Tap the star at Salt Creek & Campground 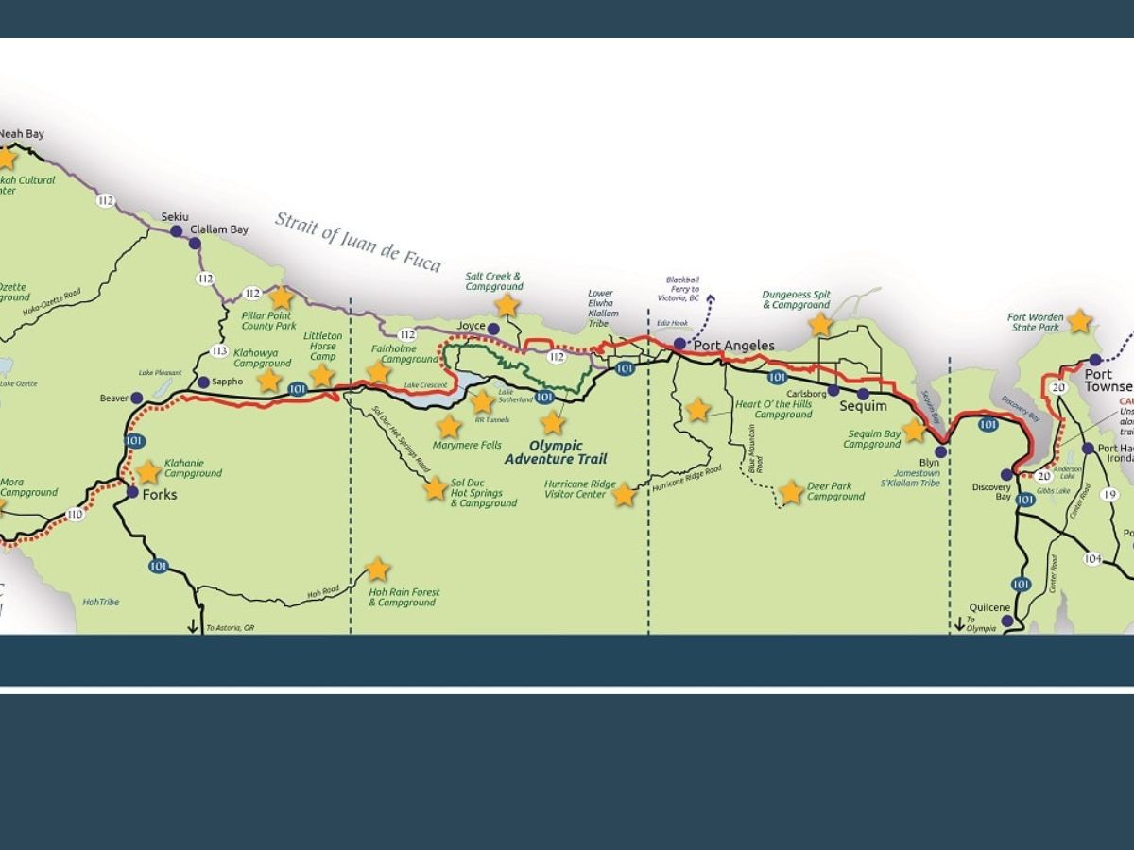pyautogui.click(x=507, y=305)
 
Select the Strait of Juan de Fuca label pyautogui.click(x=358, y=241)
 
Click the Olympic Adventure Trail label pyautogui.click(x=543, y=452)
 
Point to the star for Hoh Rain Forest pyautogui.click(x=377, y=569)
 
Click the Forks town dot pyautogui.click(x=132, y=492)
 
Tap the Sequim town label pyautogui.click(x=864, y=406)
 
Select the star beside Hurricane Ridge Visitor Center pyautogui.click(x=624, y=494)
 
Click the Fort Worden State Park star pyautogui.click(x=1079, y=321)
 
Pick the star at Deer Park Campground pyautogui.click(x=791, y=492)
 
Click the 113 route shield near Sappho pyautogui.click(x=219, y=351)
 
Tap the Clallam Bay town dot pyautogui.click(x=195, y=243)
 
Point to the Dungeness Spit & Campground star pyautogui.click(x=820, y=325)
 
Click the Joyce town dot pyautogui.click(x=492, y=329)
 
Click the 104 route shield pyautogui.click(x=1092, y=558)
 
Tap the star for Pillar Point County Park pyautogui.click(x=282, y=297)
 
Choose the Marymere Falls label pyautogui.click(x=467, y=445)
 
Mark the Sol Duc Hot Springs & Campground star pyautogui.click(x=435, y=488)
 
